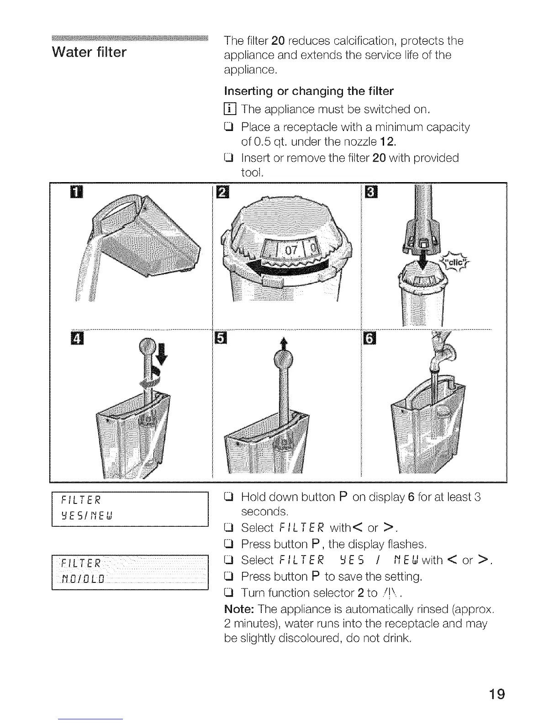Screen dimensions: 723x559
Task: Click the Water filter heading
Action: [x=90, y=52]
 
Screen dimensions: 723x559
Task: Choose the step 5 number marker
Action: [x=221, y=340]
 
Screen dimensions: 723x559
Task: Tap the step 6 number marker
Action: [x=368, y=340]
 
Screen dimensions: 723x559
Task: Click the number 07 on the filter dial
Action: [x=291, y=251]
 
